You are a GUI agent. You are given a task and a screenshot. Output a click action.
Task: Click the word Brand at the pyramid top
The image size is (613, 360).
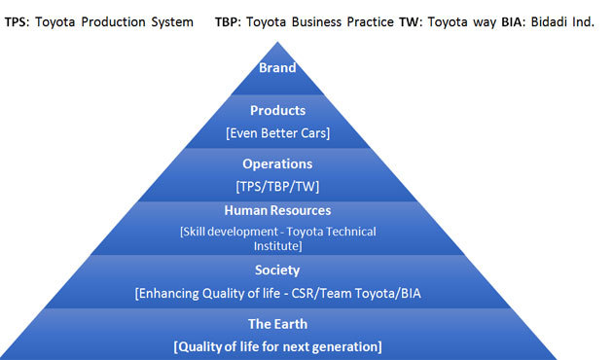(277, 68)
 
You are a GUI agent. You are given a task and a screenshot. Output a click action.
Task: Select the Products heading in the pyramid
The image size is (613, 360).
(277, 111)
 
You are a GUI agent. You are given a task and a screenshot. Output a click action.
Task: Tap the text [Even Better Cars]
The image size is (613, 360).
(277, 131)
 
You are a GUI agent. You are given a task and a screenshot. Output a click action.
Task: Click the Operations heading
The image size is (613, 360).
(277, 164)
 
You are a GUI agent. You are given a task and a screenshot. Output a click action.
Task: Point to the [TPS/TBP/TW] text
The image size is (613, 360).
(277, 185)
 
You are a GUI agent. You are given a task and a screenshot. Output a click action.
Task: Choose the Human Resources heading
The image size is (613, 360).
(277, 210)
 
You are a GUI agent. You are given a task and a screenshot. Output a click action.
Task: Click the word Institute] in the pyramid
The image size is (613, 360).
(278, 245)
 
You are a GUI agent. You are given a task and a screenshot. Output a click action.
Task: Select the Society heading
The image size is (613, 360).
(277, 270)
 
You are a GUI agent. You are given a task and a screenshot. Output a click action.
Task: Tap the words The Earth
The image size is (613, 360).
(277, 325)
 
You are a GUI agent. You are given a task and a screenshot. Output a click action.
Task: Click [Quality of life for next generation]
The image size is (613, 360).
(277, 346)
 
